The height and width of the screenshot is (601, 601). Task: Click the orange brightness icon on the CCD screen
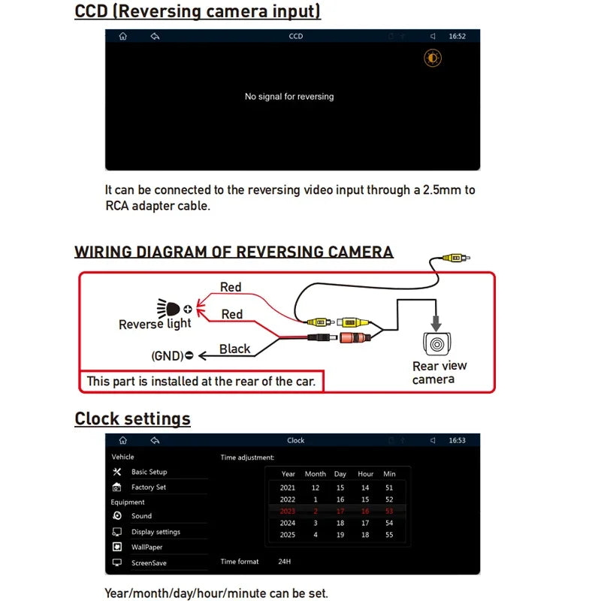tap(433, 59)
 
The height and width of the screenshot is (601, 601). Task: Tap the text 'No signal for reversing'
tap(289, 97)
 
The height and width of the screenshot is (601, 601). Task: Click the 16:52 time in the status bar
tap(457, 36)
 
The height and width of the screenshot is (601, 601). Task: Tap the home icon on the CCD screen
tap(123, 36)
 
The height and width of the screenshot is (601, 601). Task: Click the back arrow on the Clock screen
tap(155, 440)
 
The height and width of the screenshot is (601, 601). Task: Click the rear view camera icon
tap(436, 343)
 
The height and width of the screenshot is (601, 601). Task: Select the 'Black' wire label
tap(234, 349)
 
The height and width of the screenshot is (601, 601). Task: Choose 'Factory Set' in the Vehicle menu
tap(149, 488)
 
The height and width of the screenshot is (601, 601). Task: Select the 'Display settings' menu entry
tap(156, 532)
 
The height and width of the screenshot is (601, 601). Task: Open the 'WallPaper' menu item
tap(147, 548)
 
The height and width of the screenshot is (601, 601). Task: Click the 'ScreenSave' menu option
tap(149, 563)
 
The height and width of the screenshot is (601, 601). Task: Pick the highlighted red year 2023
tap(288, 512)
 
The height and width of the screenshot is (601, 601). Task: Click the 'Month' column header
tap(316, 474)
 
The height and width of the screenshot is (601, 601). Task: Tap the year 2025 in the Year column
tap(288, 535)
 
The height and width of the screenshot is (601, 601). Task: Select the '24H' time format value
tap(284, 562)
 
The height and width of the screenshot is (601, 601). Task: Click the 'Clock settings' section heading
tap(132, 418)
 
